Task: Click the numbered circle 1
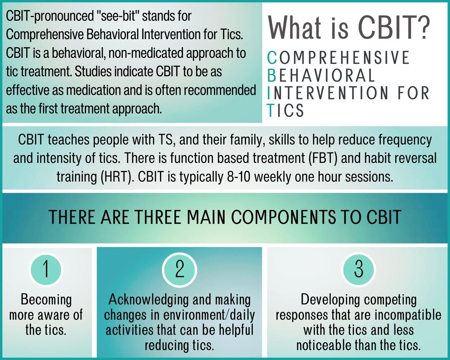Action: [46, 270]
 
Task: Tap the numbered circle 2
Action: [180, 270]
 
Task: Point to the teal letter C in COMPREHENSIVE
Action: [272, 58]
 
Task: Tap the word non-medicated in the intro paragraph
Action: [146, 53]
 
